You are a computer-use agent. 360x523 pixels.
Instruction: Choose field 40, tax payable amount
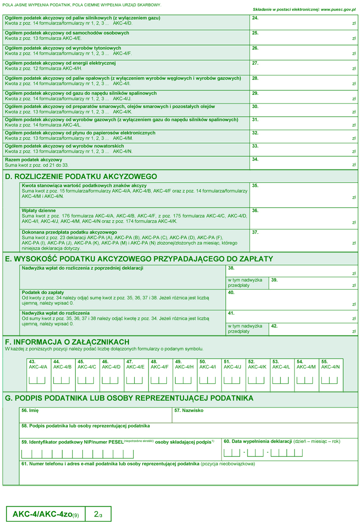292,300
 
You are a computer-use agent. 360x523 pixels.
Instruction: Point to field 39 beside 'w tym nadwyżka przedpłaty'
313,283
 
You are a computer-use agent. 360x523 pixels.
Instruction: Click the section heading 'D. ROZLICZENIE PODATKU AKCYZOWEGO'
81,177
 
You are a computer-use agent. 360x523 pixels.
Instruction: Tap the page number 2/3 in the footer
98,515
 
